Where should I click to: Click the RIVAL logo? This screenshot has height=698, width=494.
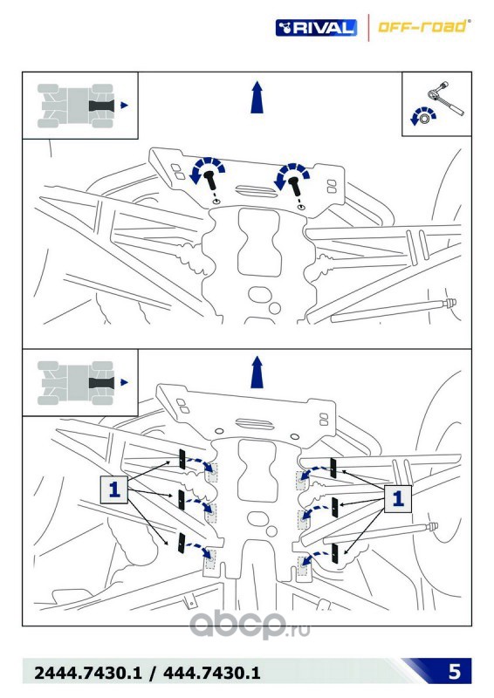(316, 28)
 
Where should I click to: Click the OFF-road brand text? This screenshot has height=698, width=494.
(423, 27)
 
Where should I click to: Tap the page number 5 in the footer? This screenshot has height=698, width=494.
(455, 671)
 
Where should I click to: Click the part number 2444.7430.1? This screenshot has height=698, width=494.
(87, 673)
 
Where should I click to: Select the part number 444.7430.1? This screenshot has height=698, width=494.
(211, 673)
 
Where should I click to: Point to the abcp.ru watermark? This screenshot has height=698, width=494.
(250, 624)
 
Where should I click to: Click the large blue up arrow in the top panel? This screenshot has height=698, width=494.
(257, 97)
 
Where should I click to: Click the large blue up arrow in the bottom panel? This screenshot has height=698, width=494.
(257, 373)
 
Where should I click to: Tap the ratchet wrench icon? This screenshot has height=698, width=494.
(445, 98)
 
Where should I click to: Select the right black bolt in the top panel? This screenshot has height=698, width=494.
(294, 186)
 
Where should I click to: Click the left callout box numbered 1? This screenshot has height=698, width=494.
(114, 489)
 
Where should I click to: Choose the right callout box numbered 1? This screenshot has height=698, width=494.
(398, 498)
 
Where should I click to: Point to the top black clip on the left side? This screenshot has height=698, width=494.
(182, 459)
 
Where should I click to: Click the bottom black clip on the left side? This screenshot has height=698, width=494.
(182, 543)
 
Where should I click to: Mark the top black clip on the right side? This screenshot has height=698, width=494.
(333, 469)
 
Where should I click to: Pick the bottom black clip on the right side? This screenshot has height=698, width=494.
(335, 553)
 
